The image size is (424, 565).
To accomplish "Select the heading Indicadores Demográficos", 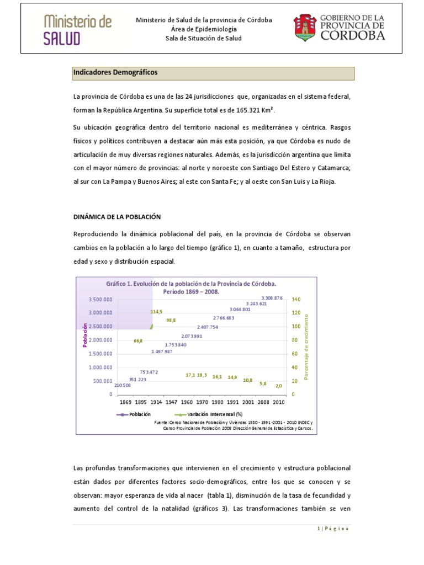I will [115, 73].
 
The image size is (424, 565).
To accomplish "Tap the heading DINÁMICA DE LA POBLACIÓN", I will [117, 217].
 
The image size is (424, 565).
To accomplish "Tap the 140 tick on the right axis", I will [296, 299].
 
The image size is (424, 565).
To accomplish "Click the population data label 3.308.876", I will [272, 298].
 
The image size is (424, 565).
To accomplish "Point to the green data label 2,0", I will [279, 386].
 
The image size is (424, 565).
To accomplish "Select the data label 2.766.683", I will [224, 318].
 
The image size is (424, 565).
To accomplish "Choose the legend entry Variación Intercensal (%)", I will [215, 414].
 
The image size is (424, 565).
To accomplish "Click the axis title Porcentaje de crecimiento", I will [307, 347].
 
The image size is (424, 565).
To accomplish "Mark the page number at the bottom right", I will [333, 528].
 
